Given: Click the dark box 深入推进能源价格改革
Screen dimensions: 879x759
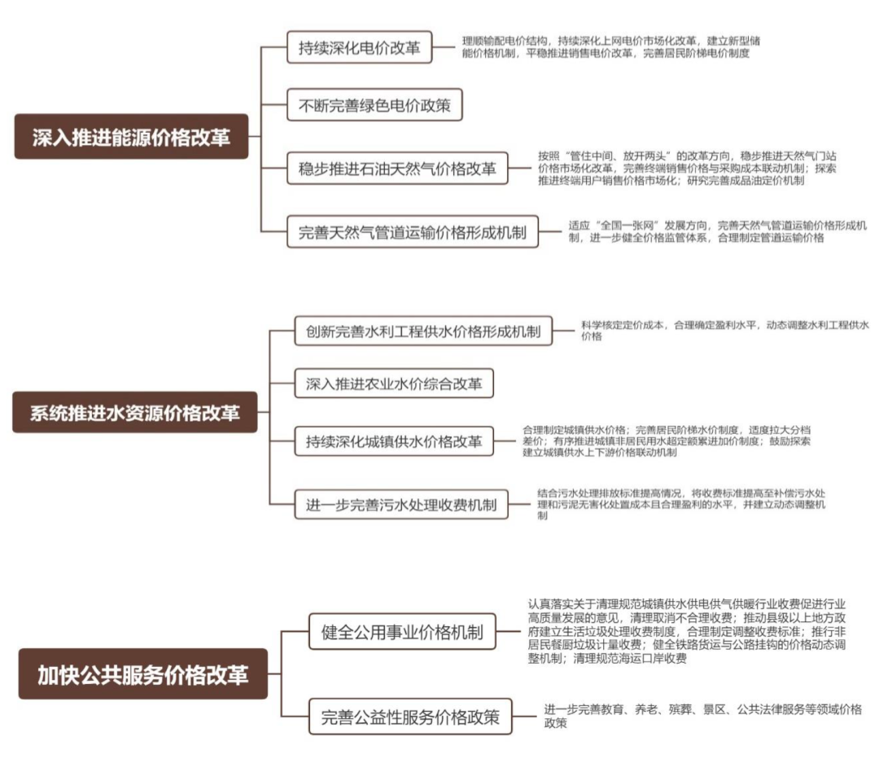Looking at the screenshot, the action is (131, 136).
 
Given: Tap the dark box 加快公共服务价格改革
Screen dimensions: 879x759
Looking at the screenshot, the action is (142, 674).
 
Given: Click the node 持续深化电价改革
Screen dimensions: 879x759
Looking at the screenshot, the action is (358, 47).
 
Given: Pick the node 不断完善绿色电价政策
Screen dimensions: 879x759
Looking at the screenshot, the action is (374, 105).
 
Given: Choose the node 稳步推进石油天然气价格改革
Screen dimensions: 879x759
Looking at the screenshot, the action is (396, 169).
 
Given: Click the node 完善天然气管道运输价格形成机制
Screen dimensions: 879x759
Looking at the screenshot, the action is (413, 233).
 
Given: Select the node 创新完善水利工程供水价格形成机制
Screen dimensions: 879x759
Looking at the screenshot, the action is (423, 331).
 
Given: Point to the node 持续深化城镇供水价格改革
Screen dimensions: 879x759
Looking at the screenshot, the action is (394, 441).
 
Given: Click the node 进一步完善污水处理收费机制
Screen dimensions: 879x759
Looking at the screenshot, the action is (400, 504).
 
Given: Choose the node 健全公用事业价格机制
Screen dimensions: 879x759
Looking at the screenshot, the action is (402, 632).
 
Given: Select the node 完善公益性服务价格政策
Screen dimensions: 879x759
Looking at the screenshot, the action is (410, 718).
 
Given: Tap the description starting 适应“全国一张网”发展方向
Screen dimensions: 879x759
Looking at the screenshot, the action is (717, 232).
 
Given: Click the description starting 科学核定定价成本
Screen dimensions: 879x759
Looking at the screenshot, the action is (724, 330).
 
